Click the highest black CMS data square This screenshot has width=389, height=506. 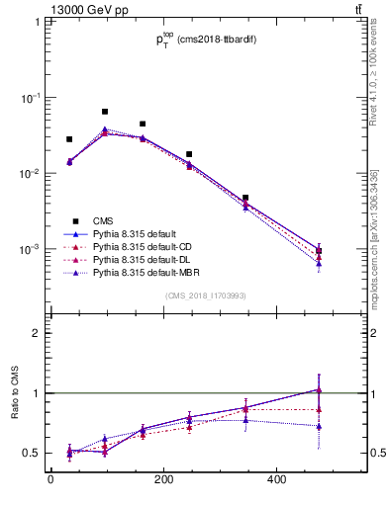(x=105, y=112)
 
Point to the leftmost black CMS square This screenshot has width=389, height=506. (x=69, y=139)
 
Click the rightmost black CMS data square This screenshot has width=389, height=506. (x=319, y=251)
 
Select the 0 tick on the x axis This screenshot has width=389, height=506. (x=50, y=481)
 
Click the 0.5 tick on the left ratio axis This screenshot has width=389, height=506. (x=32, y=453)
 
